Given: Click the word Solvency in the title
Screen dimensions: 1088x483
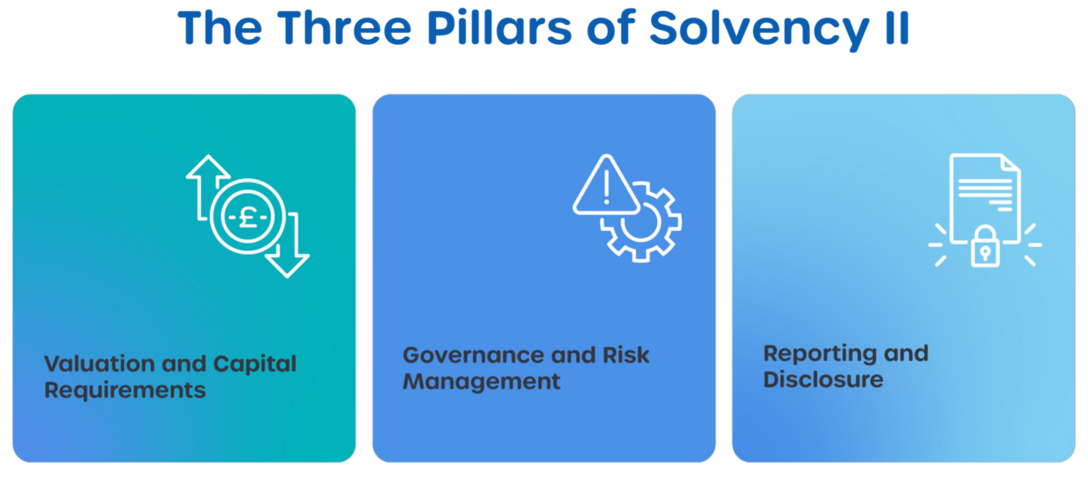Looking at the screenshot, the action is tap(759, 29).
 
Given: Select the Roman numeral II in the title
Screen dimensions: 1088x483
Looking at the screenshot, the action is tap(897, 28).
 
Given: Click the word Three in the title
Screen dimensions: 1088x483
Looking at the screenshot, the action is tap(344, 27).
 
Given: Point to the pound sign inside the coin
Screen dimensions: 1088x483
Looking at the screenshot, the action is tap(247, 216).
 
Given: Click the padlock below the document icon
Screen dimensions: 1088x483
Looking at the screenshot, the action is tap(985, 246).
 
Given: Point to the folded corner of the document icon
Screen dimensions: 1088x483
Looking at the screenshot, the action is tap(1010, 164).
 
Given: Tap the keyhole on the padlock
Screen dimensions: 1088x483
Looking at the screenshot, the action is tap(985, 253).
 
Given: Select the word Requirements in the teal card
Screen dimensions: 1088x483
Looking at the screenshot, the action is tap(125, 390).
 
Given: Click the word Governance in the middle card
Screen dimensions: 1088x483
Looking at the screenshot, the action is tap(474, 355).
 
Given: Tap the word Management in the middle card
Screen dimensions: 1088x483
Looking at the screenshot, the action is tap(481, 382).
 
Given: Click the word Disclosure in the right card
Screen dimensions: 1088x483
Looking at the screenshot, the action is tap(824, 379).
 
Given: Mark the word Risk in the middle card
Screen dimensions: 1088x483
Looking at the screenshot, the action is tap(626, 355).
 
